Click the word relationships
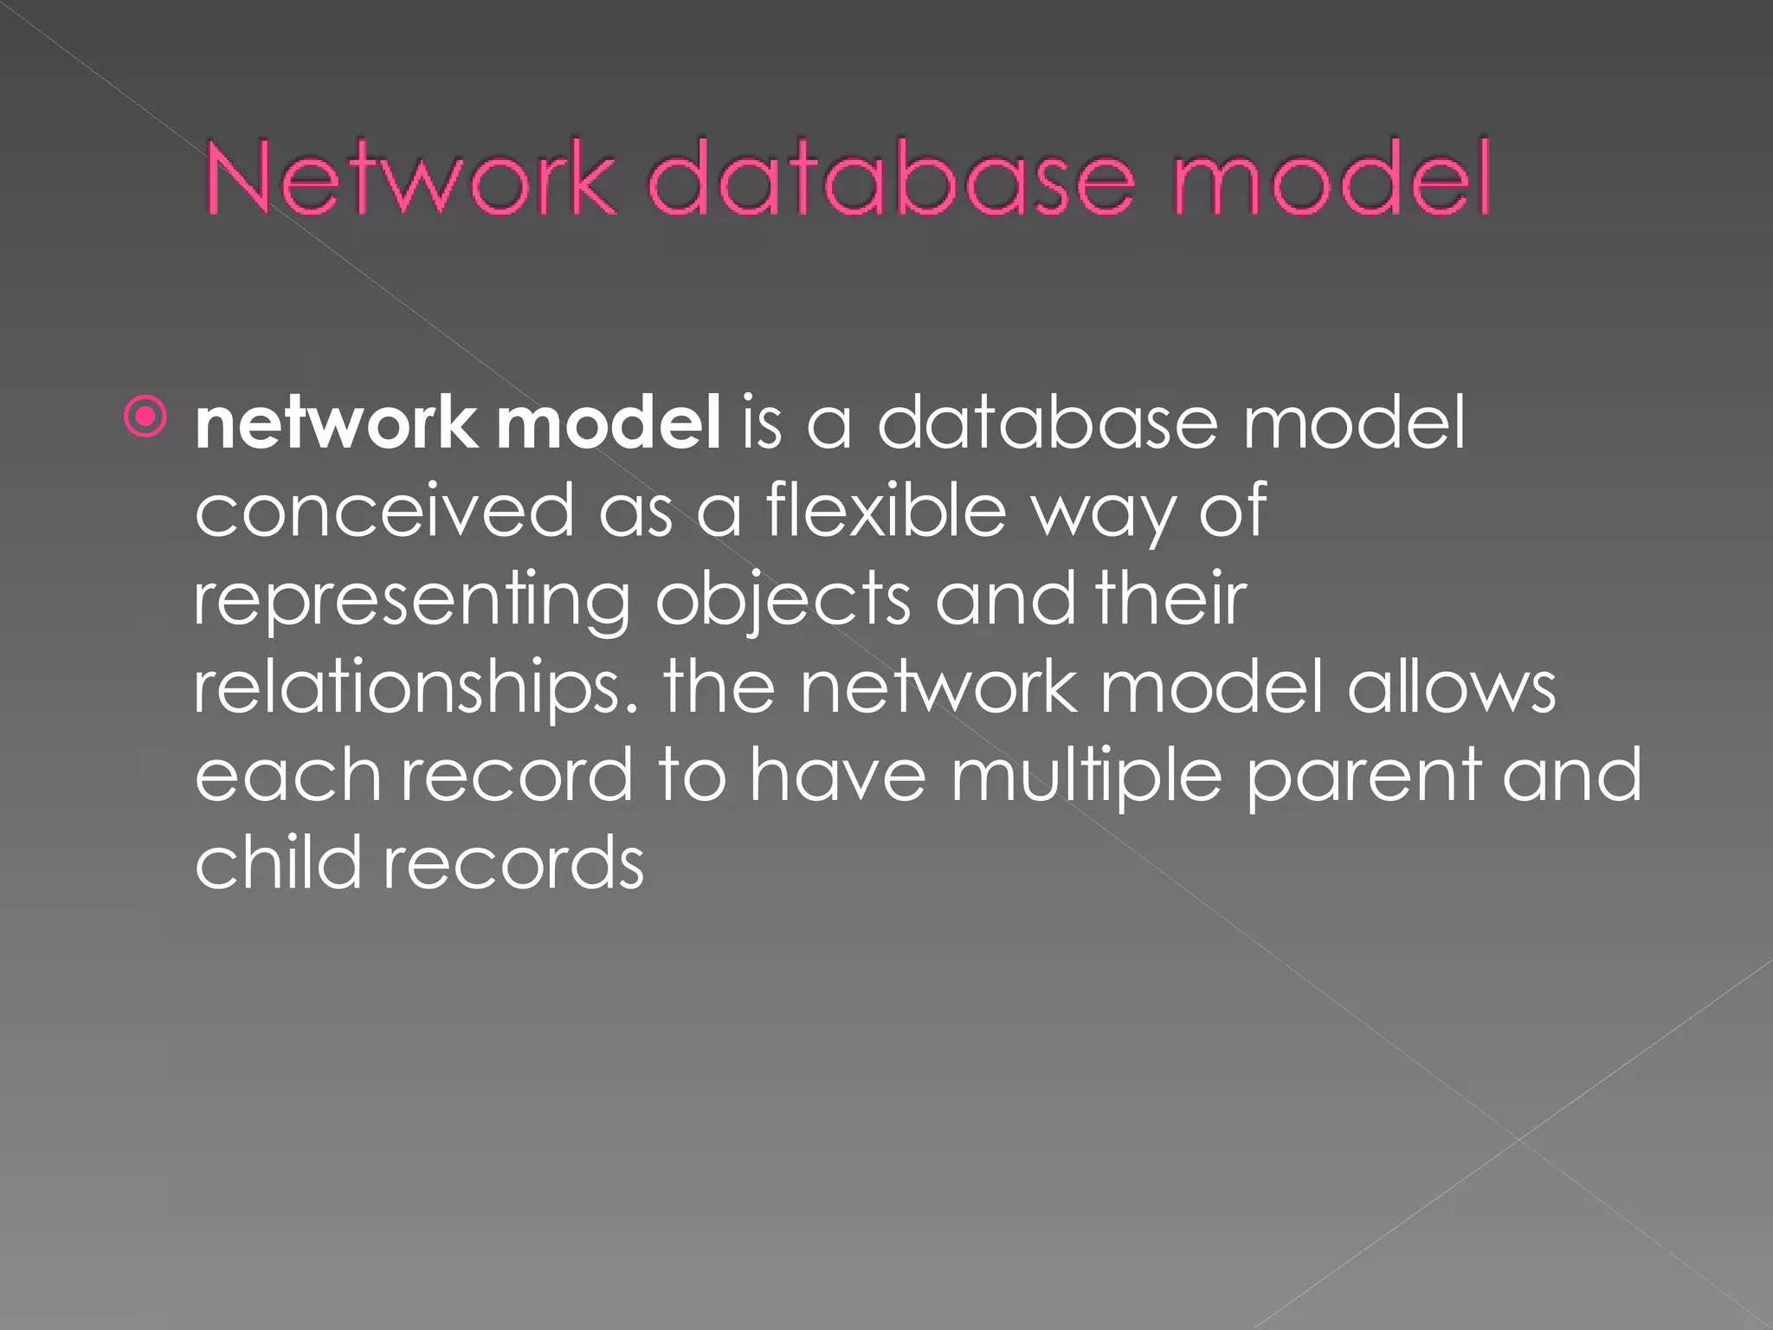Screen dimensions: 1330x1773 pyautogui.click(x=416, y=689)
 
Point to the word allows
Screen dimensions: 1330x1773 pyautogui.click(x=1451, y=688)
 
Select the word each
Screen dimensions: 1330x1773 pyautogui.click(x=287, y=776)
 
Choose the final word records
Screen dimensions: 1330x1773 pyautogui.click(x=513, y=864)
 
